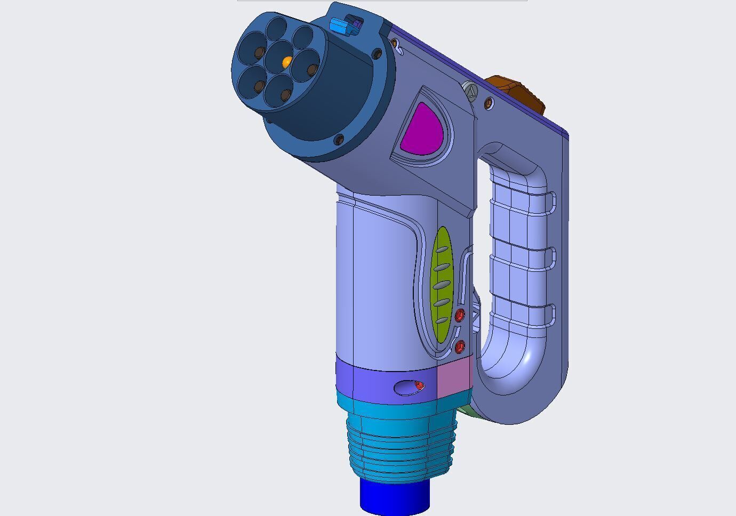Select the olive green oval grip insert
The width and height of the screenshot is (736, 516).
pyautogui.click(x=442, y=285)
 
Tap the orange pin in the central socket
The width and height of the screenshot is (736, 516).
pyautogui.click(x=286, y=62)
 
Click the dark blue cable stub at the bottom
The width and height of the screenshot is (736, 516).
pyautogui.click(x=395, y=496)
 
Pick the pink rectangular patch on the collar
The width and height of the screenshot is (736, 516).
pyautogui.click(x=454, y=377)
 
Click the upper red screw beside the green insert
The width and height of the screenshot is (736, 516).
pyautogui.click(x=460, y=315)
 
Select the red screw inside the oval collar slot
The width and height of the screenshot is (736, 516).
pyautogui.click(x=419, y=385)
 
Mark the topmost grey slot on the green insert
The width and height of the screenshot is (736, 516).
pyautogui.click(x=441, y=250)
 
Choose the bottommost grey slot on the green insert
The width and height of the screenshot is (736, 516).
pyautogui.click(x=441, y=320)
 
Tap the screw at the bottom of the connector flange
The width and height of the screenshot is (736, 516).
pyautogui.click(x=339, y=140)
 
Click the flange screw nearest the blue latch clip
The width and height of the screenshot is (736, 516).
pyautogui.click(x=377, y=54)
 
